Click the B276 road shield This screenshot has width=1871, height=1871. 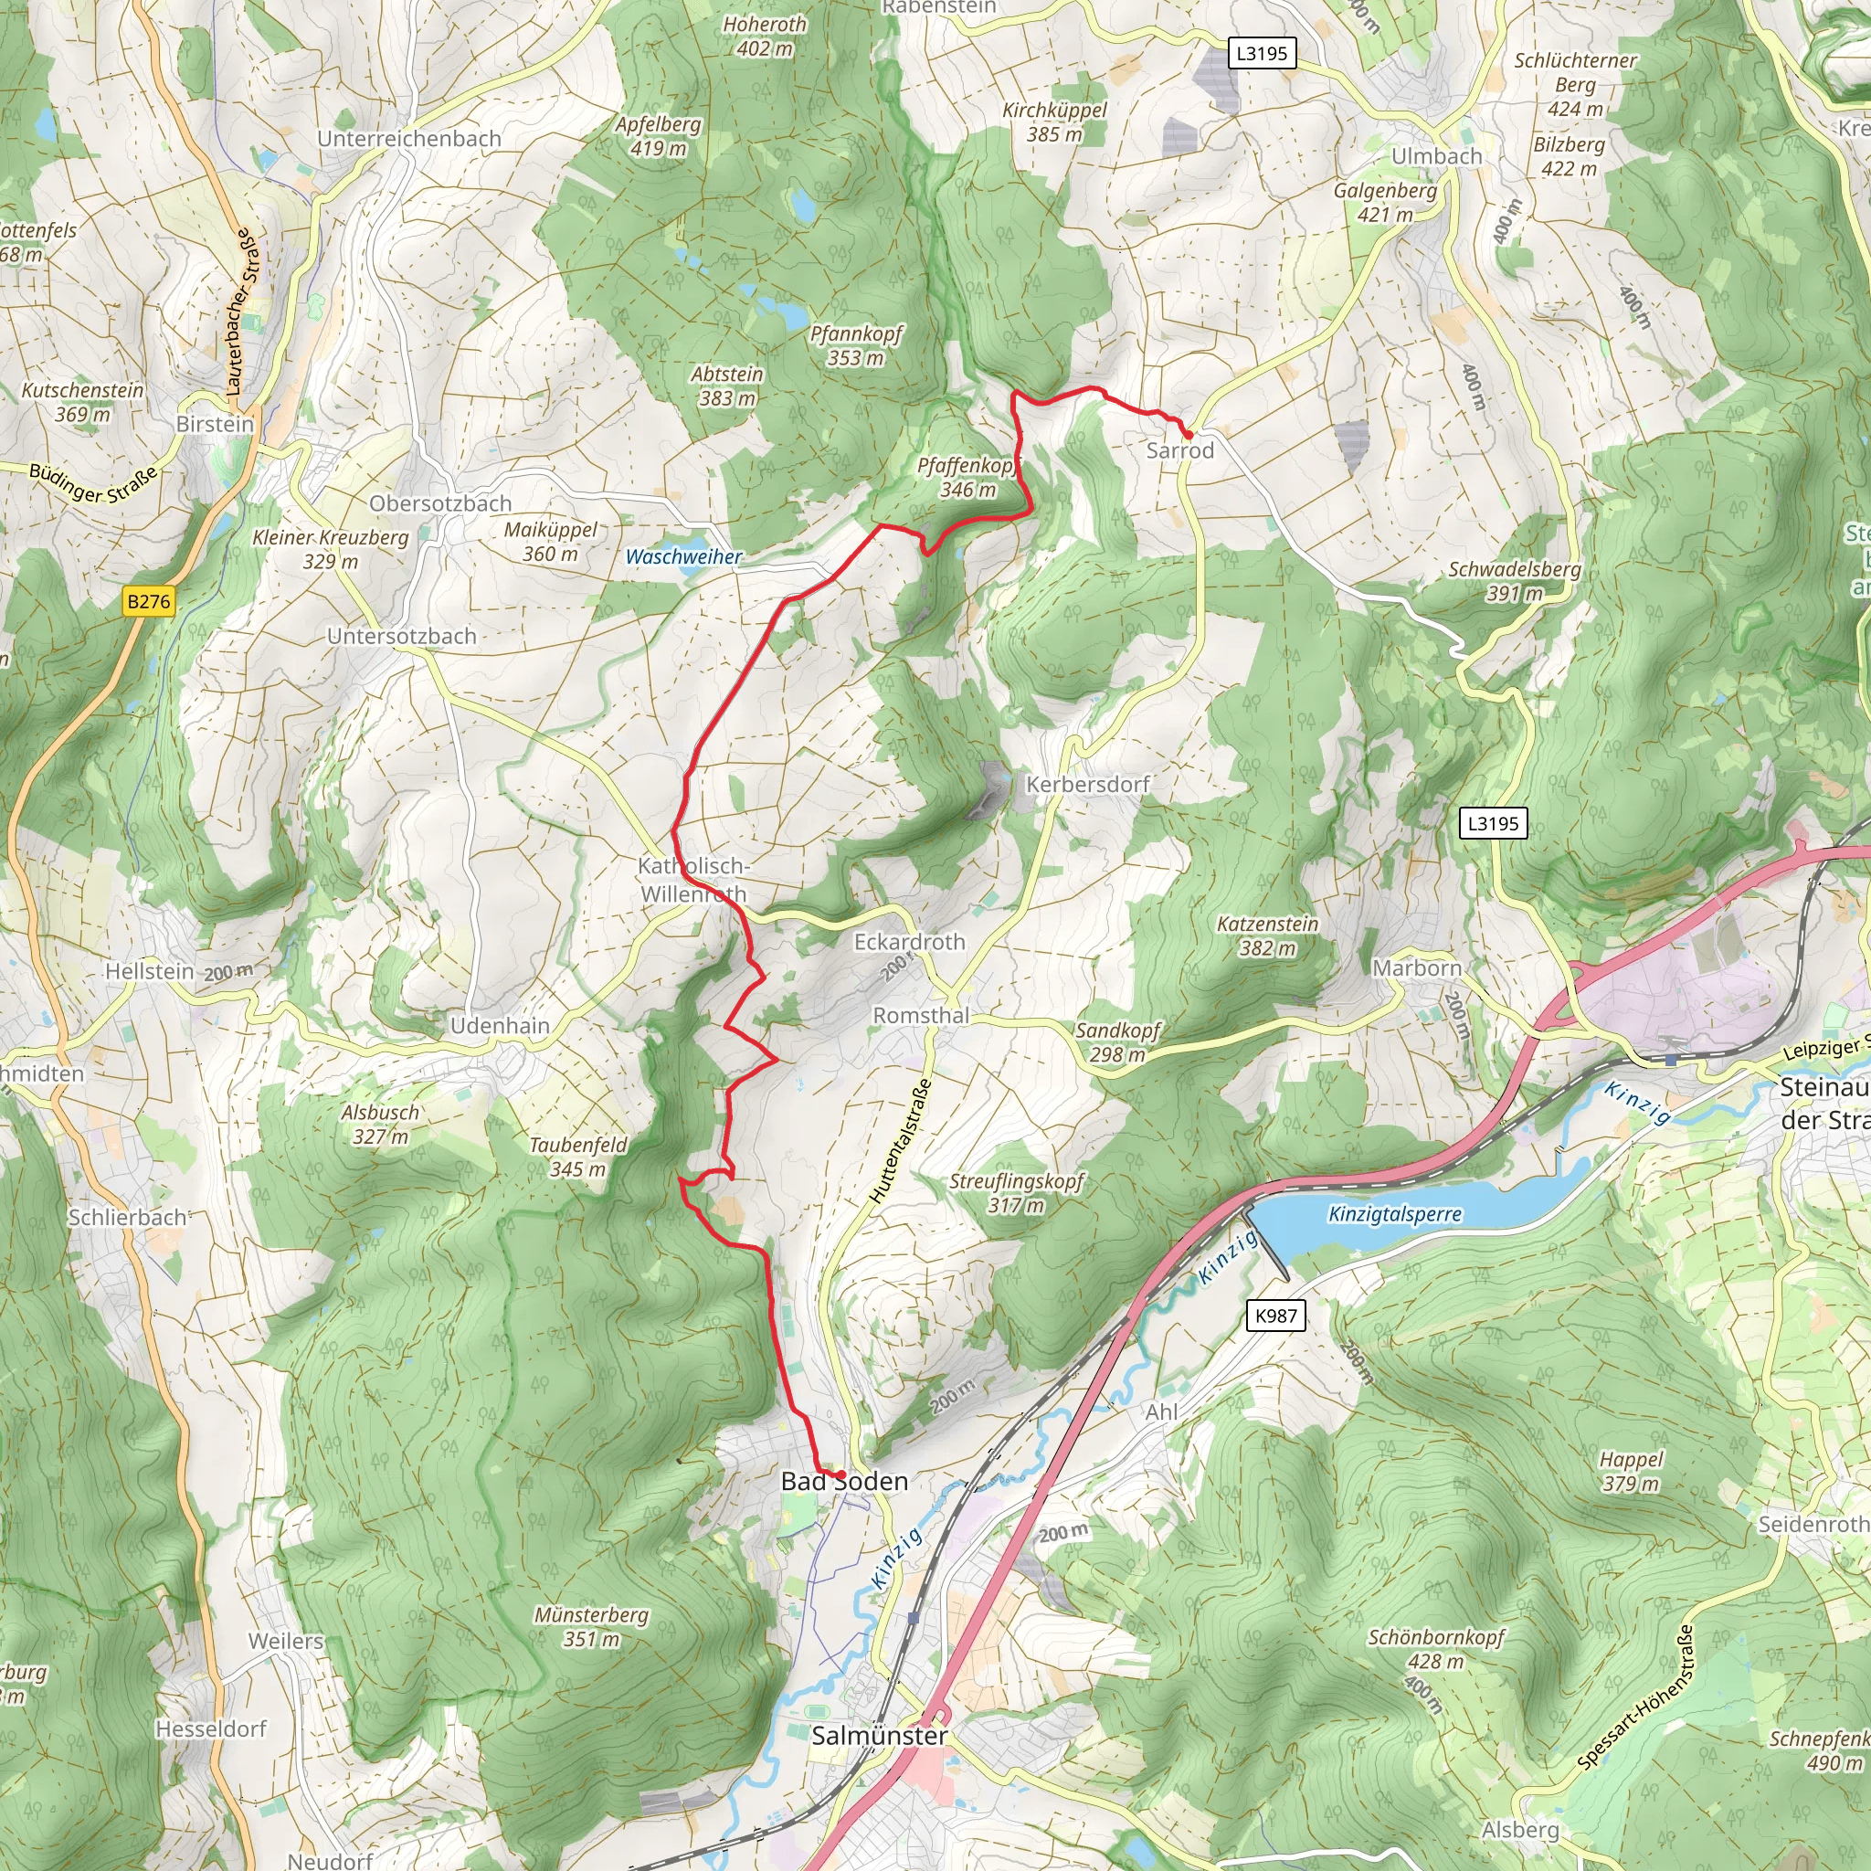click(148, 601)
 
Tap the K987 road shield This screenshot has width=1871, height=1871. click(1275, 1316)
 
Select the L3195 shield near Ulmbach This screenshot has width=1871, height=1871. click(1262, 52)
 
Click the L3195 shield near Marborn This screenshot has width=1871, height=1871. click(1494, 823)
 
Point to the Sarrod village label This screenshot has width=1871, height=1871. click(1179, 450)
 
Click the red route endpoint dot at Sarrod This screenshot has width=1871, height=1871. click(1188, 436)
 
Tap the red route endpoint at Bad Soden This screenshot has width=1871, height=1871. click(840, 1475)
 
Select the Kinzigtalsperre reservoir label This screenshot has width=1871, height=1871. click(1394, 1213)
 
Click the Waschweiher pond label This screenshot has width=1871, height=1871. click(683, 557)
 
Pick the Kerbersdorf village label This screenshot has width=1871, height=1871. click(1087, 785)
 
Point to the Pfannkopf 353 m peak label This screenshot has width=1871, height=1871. click(856, 345)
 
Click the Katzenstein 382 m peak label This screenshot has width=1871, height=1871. click(1268, 935)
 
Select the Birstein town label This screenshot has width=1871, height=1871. click(215, 424)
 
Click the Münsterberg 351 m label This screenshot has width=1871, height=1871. click(591, 1626)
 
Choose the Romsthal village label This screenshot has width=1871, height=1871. click(921, 1015)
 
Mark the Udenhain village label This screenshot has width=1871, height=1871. click(500, 1026)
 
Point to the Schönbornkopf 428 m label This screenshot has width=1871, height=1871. click(1436, 1648)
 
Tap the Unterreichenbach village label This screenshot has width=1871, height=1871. click(409, 139)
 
